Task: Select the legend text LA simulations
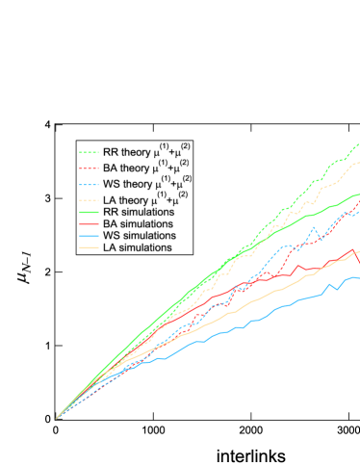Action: [138, 246]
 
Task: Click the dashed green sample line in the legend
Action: [89, 152]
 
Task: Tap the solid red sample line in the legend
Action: [89, 223]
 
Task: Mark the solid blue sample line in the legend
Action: [89, 235]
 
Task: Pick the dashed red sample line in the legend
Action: [89, 168]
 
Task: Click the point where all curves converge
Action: [57, 418]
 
